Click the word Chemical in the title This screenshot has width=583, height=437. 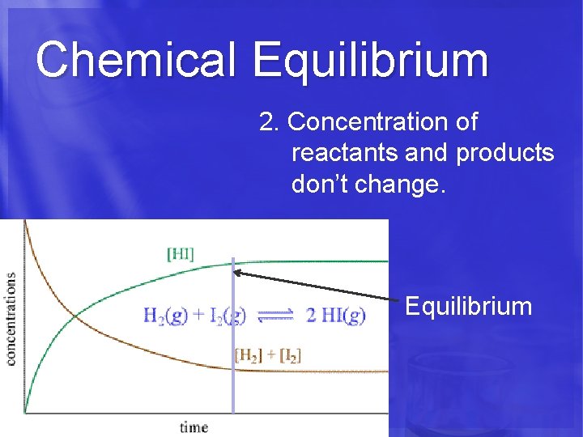coord(135,59)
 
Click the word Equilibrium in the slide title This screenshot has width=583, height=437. coord(370,61)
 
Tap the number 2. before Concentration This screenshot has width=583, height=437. coord(270,123)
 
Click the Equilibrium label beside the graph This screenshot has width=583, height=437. coord(468,307)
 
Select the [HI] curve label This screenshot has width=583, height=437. coord(180,253)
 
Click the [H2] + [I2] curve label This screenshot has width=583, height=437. coord(267,354)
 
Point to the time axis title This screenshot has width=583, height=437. coord(194,426)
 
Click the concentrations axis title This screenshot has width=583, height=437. coord(11,318)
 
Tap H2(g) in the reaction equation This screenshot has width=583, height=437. coord(161,316)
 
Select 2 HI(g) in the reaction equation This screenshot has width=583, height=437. coord(335,316)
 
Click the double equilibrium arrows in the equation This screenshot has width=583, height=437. coord(274,316)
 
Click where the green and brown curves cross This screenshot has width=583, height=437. coord(75,316)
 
